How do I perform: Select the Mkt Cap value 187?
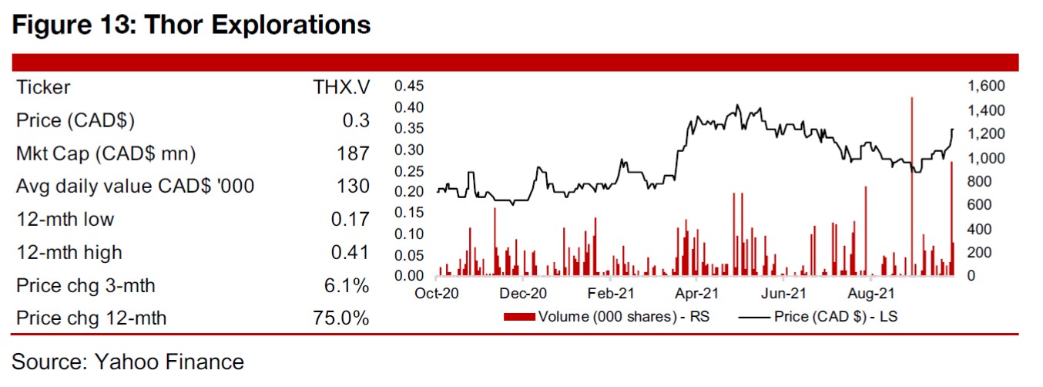(354, 153)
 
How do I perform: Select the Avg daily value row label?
(135, 186)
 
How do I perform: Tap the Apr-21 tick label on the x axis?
(696, 294)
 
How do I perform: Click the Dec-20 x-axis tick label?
(523, 294)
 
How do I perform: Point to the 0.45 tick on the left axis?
(410, 85)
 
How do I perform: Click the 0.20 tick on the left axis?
(410, 191)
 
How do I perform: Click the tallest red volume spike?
(912, 185)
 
